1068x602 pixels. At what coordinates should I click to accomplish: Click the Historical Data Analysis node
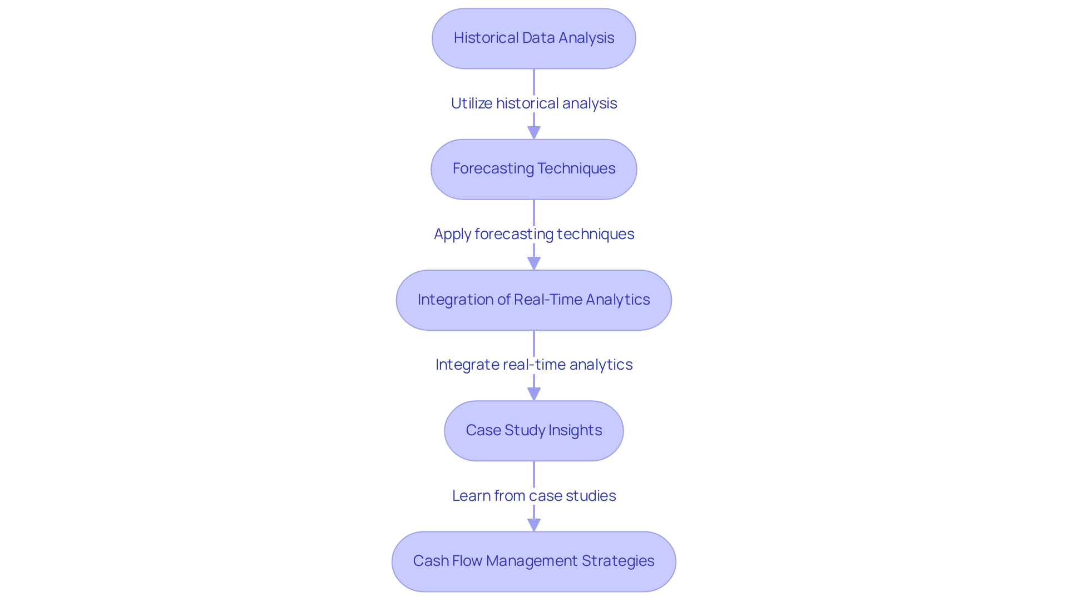point(534,38)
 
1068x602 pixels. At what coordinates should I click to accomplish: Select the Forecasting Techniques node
point(534,169)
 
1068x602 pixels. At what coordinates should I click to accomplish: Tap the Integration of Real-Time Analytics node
point(534,300)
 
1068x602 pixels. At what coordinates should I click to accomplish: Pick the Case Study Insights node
point(534,431)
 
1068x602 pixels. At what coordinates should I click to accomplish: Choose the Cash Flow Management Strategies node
point(534,561)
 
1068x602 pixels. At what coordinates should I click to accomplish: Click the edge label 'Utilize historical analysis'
point(534,103)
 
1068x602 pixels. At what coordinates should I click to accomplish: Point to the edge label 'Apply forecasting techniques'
point(534,234)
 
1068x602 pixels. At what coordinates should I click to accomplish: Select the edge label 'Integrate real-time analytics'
point(534,365)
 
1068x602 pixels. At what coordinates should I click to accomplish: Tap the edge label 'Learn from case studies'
point(534,496)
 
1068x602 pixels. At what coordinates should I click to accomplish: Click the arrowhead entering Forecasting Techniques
point(534,133)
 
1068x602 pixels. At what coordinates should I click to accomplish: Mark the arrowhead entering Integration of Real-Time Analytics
point(534,263)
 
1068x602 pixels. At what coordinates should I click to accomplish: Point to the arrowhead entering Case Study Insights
point(534,394)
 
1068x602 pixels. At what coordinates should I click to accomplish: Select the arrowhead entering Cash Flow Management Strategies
point(534,525)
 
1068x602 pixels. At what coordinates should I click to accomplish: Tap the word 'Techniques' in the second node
point(576,168)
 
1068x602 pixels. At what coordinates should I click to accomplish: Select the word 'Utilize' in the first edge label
point(472,103)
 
